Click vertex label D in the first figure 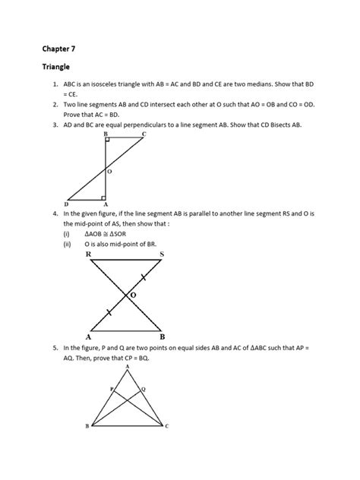tap(68, 204)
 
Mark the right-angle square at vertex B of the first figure tap(109, 141)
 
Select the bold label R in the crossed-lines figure tap(89, 255)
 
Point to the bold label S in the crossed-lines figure tap(160, 255)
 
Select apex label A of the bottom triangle tap(127, 366)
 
